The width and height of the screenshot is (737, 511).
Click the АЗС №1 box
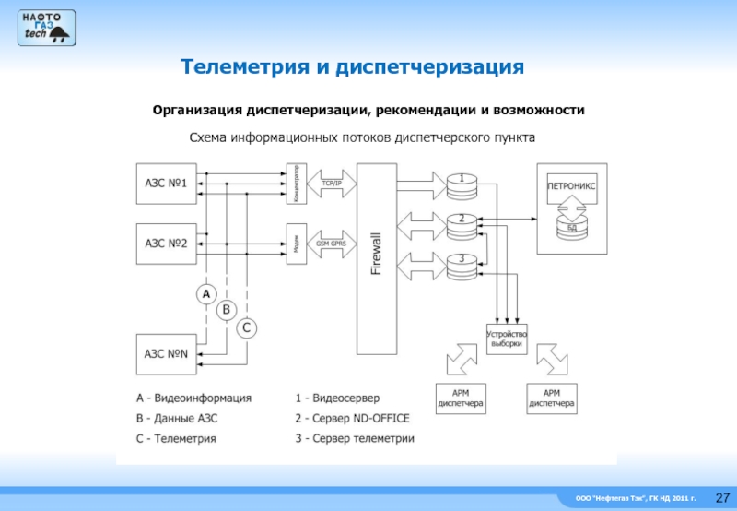(x=166, y=184)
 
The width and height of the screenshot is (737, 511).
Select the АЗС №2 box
(x=166, y=244)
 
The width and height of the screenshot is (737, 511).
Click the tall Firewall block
(x=375, y=259)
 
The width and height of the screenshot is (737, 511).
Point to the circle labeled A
(x=205, y=294)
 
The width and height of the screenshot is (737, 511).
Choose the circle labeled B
(x=227, y=310)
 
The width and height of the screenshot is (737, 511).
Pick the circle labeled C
(x=247, y=327)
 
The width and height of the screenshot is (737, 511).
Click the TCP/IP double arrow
(x=331, y=184)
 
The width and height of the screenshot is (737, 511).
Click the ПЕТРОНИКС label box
(x=571, y=184)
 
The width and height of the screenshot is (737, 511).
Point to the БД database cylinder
(x=571, y=224)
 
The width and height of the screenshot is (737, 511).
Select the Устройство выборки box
(x=506, y=339)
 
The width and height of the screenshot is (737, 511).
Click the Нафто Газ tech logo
(x=46, y=25)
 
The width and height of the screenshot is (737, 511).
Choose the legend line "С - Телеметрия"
(x=176, y=438)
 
